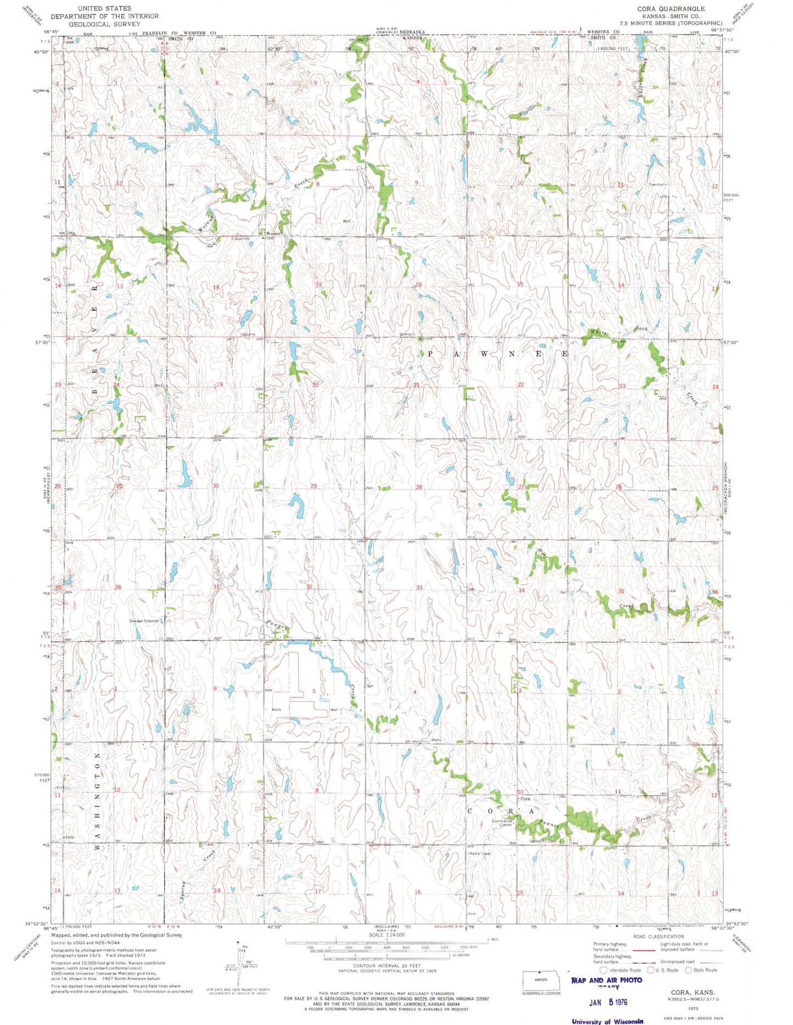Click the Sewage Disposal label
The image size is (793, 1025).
[x=144, y=621]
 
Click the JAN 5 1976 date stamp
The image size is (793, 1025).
[x=608, y=1002]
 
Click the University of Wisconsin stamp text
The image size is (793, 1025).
[x=608, y=1021]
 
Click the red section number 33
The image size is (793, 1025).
[x=419, y=587]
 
